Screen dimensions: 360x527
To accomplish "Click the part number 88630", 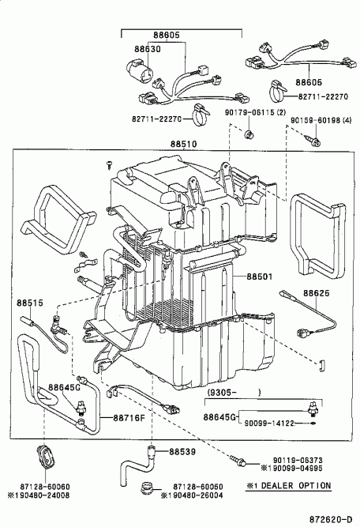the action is pos(148,49).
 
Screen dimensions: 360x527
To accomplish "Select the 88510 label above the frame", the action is pos(183,144).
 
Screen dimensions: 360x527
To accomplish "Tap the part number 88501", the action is pos(260,277).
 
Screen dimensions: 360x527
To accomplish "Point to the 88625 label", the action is pos(317,293).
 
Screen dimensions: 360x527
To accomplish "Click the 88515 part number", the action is pos(30,303).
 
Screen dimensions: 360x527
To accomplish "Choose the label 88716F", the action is pos(129,418).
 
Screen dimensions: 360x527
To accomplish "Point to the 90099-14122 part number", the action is pos(270,423).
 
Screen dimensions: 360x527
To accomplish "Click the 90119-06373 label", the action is pos(298,460).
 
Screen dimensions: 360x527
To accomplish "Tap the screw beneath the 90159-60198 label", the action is pos(313,141).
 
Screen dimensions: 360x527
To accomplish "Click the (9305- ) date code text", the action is pos(234,392).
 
